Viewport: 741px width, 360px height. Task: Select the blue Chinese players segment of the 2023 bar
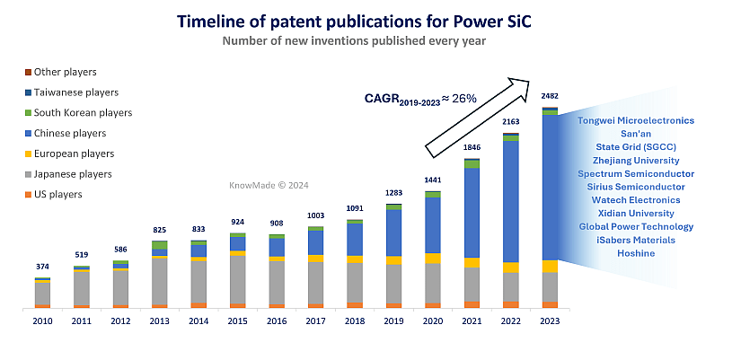click(x=551, y=187)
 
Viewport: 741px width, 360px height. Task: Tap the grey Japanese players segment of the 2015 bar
click(x=237, y=280)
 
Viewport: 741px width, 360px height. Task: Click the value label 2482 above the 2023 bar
click(x=551, y=96)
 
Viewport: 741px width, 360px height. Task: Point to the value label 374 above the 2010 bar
click(x=41, y=267)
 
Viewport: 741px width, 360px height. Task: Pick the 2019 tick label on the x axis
click(x=393, y=320)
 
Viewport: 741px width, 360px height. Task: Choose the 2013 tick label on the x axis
click(x=159, y=320)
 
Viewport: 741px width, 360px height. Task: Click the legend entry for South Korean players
click(x=83, y=113)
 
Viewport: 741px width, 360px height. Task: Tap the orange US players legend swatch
click(x=28, y=194)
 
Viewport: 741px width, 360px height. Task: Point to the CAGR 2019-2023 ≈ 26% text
click(x=419, y=98)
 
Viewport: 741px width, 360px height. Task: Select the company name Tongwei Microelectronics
click(x=637, y=120)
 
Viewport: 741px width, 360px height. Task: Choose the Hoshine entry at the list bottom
click(x=637, y=253)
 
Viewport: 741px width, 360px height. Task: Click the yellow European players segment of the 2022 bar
click(x=511, y=267)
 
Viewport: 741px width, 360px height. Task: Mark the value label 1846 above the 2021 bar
click(x=472, y=146)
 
